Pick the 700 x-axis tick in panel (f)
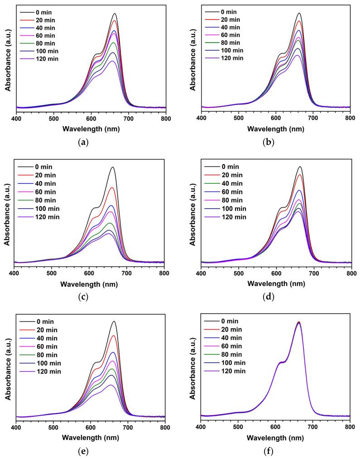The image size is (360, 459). (312, 427)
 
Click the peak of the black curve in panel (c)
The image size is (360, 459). (112, 167)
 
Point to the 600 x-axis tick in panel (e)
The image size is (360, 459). (91, 427)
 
